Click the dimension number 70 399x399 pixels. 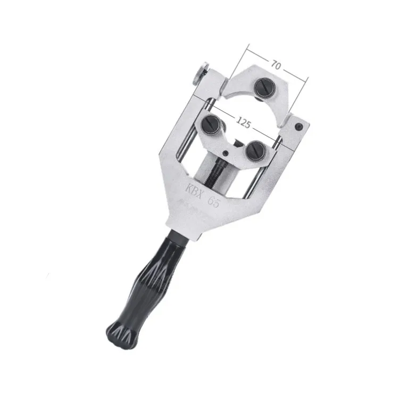pyautogui.click(x=276, y=65)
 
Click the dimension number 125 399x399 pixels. pyautogui.click(x=244, y=123)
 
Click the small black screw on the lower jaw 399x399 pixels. pyautogui.click(x=226, y=153)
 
